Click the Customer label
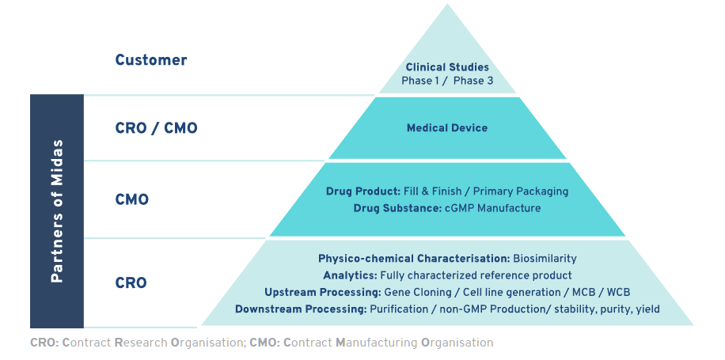pyautogui.click(x=150, y=60)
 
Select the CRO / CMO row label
pyautogui.click(x=157, y=128)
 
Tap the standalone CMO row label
pyautogui.click(x=131, y=199)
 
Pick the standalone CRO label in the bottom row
pyautogui.click(x=131, y=282)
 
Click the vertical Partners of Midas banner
pyautogui.click(x=57, y=211)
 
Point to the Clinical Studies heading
pyautogui.click(x=447, y=67)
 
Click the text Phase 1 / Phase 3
pyautogui.click(x=447, y=81)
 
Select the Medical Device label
pyautogui.click(x=447, y=127)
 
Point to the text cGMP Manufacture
pyautogui.click(x=480, y=208)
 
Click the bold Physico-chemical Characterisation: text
pyautogui.click(x=414, y=259)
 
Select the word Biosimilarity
pyautogui.click(x=545, y=259)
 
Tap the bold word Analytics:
pyautogui.click(x=350, y=275)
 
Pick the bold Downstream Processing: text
pyautogui.click(x=301, y=309)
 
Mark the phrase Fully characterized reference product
pyautogui.click(x=476, y=275)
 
